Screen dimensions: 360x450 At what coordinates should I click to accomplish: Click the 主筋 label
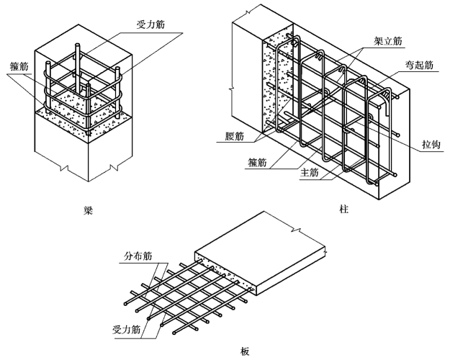[x=310, y=173]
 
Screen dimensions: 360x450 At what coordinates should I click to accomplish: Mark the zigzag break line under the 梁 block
[x=87, y=170]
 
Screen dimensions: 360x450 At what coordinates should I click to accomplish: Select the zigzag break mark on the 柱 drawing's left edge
[x=230, y=90]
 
